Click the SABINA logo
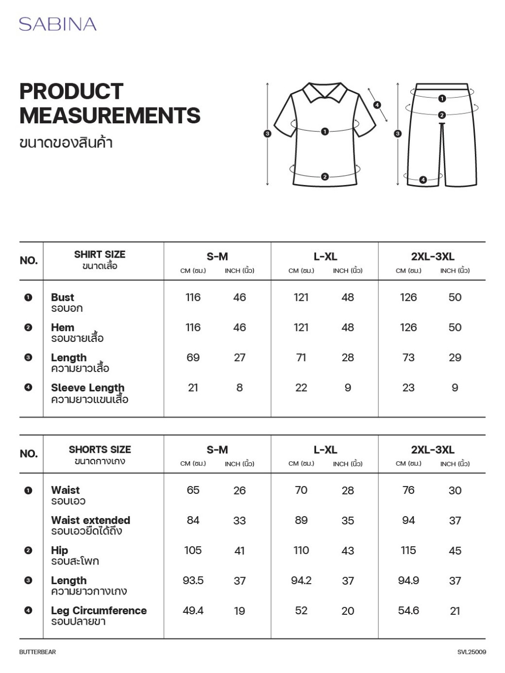tap(58, 24)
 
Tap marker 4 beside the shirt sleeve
tap(377, 105)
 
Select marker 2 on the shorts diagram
tap(442, 115)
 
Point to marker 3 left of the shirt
tap(267, 134)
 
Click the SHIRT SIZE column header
tap(100, 255)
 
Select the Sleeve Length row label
tap(88, 388)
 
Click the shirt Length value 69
tap(193, 358)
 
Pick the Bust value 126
tap(408, 298)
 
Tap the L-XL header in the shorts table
tap(325, 450)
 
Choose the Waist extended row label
tap(91, 521)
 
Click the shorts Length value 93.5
tap(193, 581)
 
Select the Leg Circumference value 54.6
tap(408, 611)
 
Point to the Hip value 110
tap(301, 551)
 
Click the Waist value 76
tap(408, 490)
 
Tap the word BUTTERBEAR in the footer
tap(37, 652)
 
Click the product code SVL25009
tap(471, 652)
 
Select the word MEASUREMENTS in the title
tap(110, 115)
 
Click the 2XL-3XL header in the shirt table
tap(433, 257)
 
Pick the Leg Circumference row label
tap(99, 611)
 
